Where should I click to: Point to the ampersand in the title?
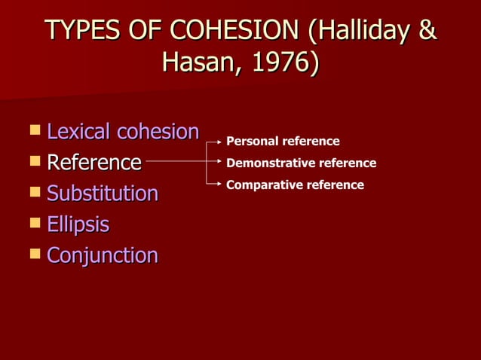[427, 31]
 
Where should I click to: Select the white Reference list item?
[94, 162]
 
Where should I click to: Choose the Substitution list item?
[103, 194]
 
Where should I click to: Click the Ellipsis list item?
[78, 224]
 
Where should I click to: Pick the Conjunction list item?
[103, 255]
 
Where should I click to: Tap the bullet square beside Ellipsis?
[34, 223]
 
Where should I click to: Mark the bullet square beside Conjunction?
[34, 254]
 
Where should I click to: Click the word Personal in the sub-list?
[253, 142]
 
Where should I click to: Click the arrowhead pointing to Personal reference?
[219, 141]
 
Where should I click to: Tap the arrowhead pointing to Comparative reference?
[219, 185]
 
